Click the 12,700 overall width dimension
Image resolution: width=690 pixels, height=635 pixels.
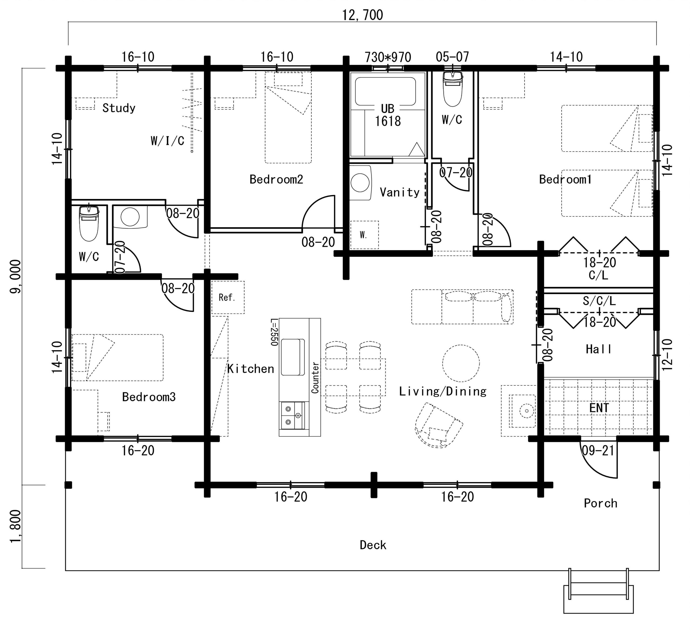(x=362, y=15)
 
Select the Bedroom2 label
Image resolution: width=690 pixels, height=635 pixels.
(x=276, y=179)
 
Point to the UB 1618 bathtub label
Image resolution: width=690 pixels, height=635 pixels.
(x=388, y=115)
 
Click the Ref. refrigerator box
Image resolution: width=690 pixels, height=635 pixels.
(x=228, y=297)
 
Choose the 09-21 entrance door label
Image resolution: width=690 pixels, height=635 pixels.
(x=598, y=450)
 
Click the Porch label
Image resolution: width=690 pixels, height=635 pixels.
(x=601, y=503)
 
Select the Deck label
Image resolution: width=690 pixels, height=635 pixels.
(x=373, y=545)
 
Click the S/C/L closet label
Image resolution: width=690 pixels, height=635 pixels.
(x=599, y=301)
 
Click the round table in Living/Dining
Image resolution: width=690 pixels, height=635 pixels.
(x=461, y=363)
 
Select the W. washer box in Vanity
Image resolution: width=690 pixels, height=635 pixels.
(x=364, y=235)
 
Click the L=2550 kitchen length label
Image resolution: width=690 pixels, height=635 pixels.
(x=274, y=332)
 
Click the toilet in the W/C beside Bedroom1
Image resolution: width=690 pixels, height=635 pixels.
(x=453, y=89)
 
